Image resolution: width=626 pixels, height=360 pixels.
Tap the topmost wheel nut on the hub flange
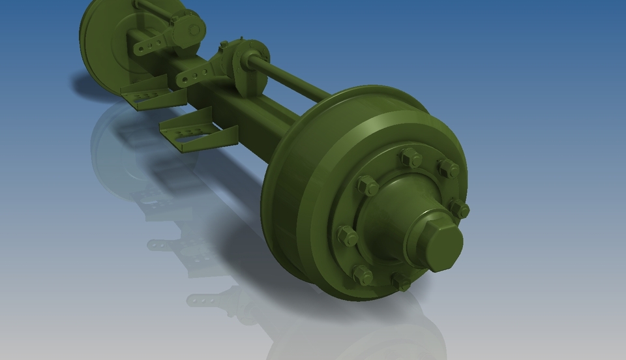[411, 157]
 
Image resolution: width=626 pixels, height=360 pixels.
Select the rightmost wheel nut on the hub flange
[459, 209]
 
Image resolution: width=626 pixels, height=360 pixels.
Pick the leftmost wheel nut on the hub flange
[347, 236]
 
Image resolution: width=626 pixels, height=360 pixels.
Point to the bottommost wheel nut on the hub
[401, 282]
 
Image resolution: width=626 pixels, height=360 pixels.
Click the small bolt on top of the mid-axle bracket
[224, 44]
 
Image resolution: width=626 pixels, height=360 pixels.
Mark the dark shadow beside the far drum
[91, 85]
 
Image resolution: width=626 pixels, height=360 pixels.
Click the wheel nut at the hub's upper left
[367, 186]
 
